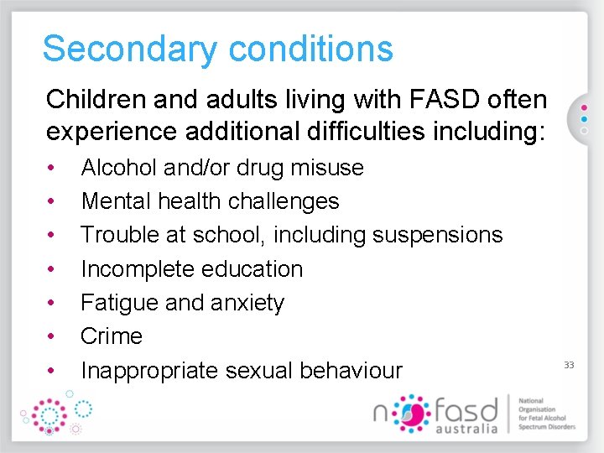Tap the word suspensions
click(437, 235)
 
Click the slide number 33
click(569, 365)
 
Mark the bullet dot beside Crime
click(52, 336)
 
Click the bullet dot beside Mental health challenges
click(52, 201)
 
